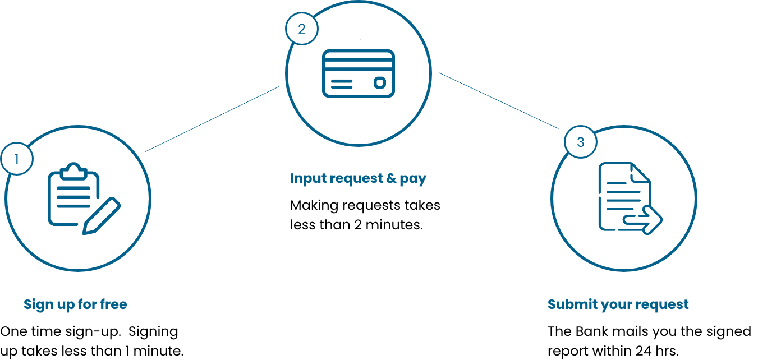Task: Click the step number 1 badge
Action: pos(17,159)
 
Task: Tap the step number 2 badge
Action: pos(302,29)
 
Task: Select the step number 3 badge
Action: pos(581,142)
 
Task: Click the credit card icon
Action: pos(359,73)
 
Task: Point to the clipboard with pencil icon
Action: pos(84,199)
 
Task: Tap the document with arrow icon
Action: pos(631,199)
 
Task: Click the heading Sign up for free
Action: pos(75,304)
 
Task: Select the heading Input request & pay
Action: pos(358,178)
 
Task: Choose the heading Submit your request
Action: pos(618,304)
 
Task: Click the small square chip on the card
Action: pos(380,82)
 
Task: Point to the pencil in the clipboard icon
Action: pos(102,216)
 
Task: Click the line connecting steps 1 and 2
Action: pos(212,119)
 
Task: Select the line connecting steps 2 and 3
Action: pos(499,101)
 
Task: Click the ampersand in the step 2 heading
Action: pos(391,178)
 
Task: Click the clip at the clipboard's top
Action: pos(73,171)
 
